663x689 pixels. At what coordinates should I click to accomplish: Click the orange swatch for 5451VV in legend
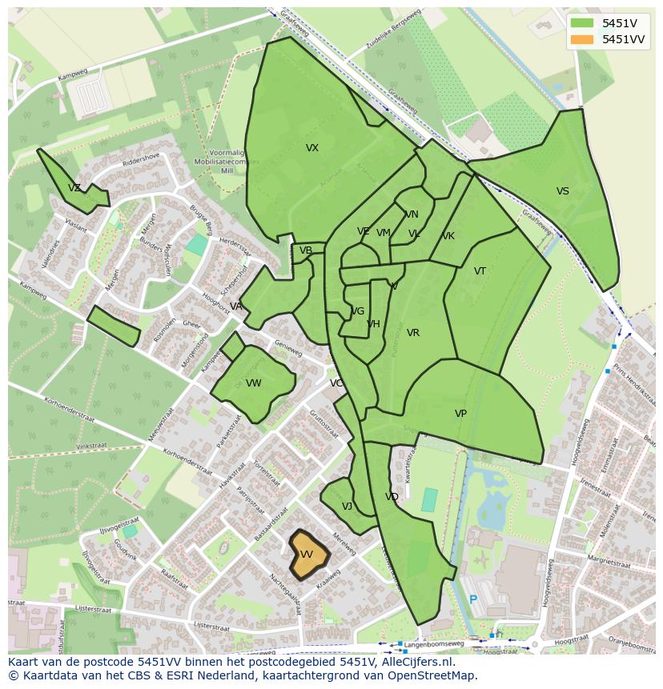582,39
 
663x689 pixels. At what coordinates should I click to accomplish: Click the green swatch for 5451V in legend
582,23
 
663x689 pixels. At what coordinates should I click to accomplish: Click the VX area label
312,148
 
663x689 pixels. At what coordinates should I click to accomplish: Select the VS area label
563,191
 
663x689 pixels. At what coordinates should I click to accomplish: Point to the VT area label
480,271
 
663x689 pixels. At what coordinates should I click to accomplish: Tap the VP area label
460,414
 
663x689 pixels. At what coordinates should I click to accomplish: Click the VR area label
413,333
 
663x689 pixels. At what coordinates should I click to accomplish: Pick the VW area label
254,383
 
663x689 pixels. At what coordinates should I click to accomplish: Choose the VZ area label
74,188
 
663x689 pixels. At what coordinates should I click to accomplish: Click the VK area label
448,236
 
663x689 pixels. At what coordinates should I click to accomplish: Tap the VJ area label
347,507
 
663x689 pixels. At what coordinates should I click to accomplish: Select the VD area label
392,497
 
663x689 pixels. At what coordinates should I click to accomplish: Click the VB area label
306,250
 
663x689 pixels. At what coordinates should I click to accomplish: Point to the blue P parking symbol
473,599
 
